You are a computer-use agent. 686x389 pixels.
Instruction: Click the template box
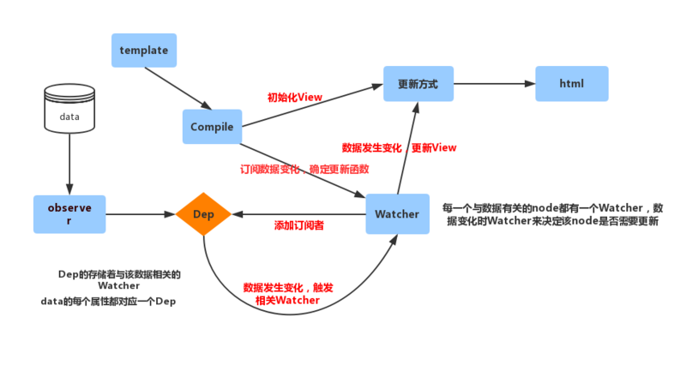click(144, 51)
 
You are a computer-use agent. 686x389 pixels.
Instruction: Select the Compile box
click(212, 127)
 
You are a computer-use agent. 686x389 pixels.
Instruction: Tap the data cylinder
click(69, 109)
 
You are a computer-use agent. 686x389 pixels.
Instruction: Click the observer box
click(69, 214)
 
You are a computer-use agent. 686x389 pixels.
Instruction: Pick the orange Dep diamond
click(203, 214)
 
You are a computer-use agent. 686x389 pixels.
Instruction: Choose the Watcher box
click(397, 213)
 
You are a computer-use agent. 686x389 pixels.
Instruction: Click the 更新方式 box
click(418, 84)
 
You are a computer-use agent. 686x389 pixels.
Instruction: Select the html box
click(572, 83)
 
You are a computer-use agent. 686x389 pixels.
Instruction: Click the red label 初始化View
click(295, 97)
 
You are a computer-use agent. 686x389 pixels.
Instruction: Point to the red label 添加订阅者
click(298, 225)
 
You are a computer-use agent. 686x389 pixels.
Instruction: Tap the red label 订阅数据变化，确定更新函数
click(304, 169)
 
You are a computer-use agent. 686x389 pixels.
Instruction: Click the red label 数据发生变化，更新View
click(399, 147)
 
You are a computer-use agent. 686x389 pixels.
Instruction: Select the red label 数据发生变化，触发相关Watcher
click(288, 294)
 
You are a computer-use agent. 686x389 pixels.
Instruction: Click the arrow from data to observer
click(69, 164)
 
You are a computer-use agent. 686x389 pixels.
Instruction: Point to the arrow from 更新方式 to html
click(495, 83)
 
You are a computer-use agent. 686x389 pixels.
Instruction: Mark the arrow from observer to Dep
click(141, 214)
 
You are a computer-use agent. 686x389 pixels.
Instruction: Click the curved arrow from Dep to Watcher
click(291, 314)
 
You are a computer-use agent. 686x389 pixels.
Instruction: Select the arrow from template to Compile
click(178, 88)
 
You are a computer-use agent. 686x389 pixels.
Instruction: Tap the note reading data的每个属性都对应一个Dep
click(108, 301)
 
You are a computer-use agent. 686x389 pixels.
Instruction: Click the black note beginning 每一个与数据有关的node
click(552, 214)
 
